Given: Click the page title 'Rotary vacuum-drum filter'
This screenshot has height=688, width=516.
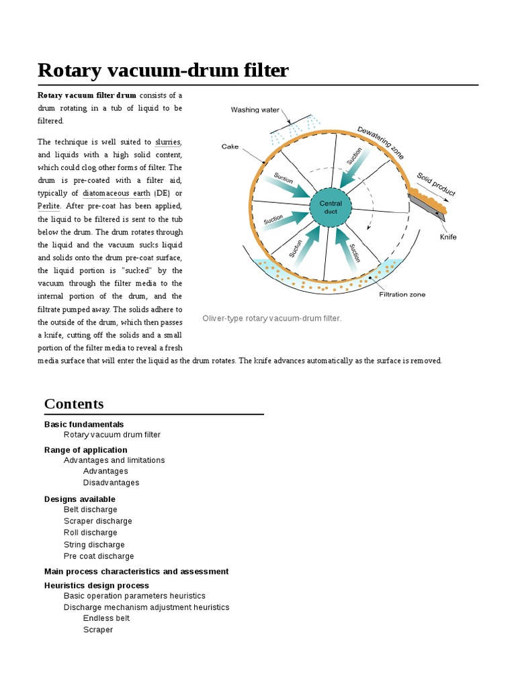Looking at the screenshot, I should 163,70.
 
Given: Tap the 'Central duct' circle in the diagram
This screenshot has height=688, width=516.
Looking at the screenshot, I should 330,207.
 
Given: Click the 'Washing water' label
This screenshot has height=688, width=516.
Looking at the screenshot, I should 255,110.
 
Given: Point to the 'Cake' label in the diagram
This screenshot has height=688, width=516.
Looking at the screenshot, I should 230,146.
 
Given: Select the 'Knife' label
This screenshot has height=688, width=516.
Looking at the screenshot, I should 448,237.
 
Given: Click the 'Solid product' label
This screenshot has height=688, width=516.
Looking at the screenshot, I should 436,184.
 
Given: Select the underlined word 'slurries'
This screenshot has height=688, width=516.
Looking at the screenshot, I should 168,142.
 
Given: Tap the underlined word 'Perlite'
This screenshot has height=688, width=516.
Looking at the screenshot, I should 48,206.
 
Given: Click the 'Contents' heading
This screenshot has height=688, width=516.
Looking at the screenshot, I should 74,404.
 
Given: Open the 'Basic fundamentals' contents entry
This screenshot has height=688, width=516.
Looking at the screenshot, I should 84,425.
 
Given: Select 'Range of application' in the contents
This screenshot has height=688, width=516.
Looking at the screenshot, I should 85,449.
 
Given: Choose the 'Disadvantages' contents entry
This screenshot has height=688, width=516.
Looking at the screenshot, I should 111,482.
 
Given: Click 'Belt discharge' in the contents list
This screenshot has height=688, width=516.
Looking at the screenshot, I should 90,510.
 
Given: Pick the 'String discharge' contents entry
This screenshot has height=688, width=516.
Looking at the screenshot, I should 94,545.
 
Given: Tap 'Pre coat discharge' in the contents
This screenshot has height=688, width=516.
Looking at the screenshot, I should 99,556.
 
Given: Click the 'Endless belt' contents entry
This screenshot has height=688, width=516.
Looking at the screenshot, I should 106,618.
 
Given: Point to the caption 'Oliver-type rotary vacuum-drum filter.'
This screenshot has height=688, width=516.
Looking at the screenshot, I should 272,318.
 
